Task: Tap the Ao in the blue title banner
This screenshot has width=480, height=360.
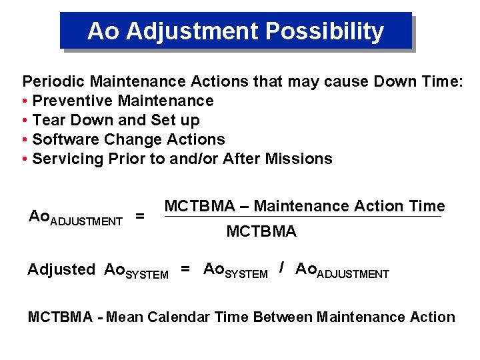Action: coord(101,31)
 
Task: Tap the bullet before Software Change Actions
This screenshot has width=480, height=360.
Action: coord(25,140)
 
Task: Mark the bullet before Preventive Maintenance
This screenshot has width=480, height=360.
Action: coord(25,101)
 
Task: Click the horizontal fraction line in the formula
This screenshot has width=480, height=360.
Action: coord(303,216)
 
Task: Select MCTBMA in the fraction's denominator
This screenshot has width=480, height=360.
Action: coord(261,232)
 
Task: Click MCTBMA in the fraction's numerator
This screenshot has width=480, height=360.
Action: coord(198,206)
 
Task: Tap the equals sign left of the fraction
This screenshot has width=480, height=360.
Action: coord(140,216)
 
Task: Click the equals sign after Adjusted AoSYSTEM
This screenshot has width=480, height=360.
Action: coord(186,269)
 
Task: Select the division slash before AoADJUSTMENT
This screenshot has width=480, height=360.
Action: coord(282,268)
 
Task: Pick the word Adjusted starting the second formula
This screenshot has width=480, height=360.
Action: coord(61,269)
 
